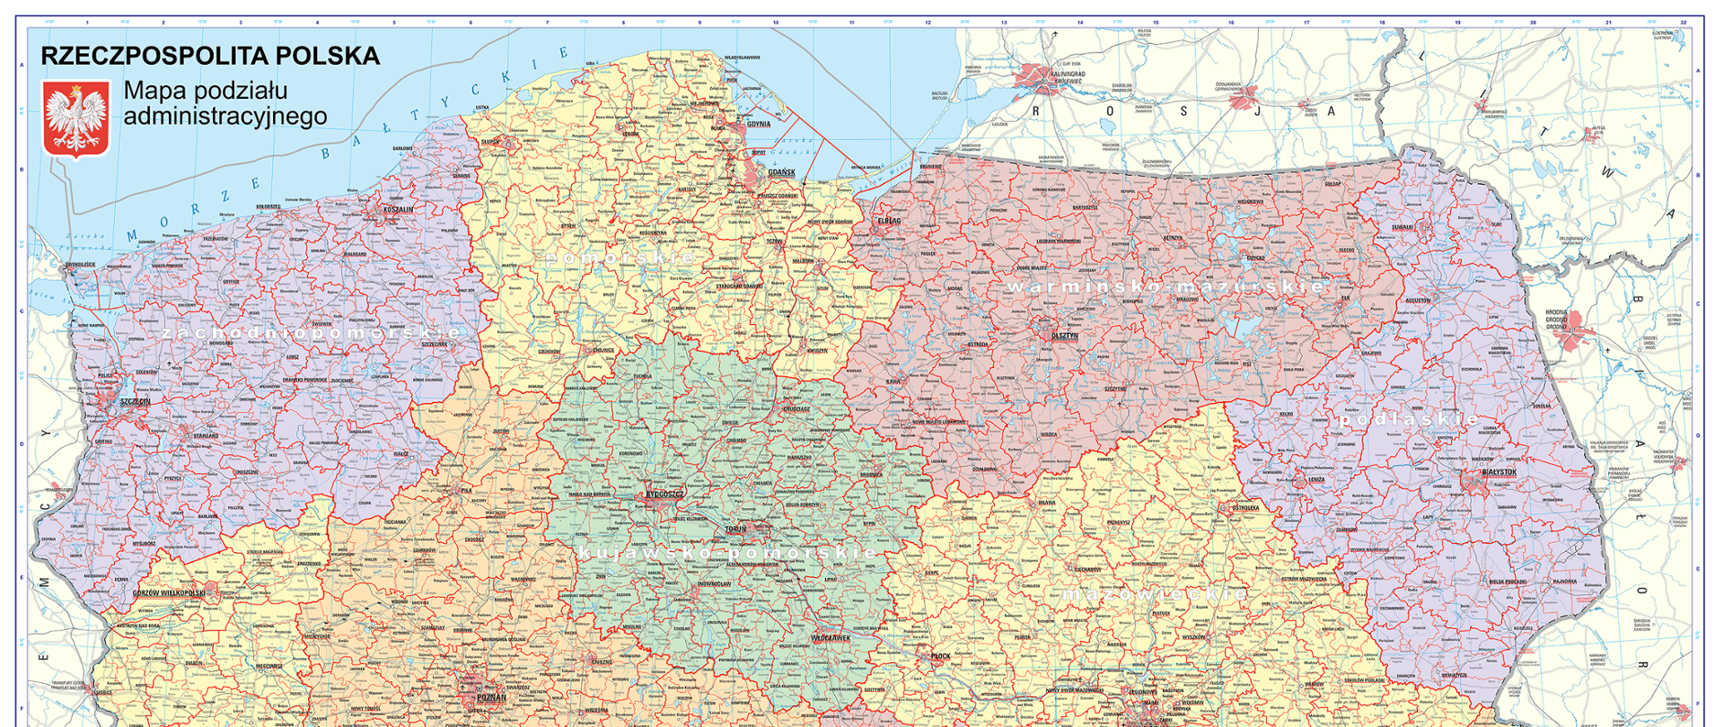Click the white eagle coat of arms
pyautogui.click(x=76, y=119)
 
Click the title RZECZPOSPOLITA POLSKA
pyautogui.click(x=210, y=56)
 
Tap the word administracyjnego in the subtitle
pyautogui.click(x=224, y=117)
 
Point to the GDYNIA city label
pyautogui.click(x=759, y=124)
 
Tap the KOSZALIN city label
pyautogui.click(x=399, y=209)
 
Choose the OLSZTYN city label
pyautogui.click(x=1065, y=335)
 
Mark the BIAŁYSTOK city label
pyautogui.click(x=1500, y=472)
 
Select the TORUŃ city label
pyautogui.click(x=735, y=530)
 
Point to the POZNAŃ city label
pyautogui.click(x=491, y=697)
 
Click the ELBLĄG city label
pyautogui.click(x=889, y=220)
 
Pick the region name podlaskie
pyautogui.click(x=1409, y=419)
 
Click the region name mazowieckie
pyautogui.click(x=1155, y=593)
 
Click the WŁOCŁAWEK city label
pyautogui.click(x=830, y=637)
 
